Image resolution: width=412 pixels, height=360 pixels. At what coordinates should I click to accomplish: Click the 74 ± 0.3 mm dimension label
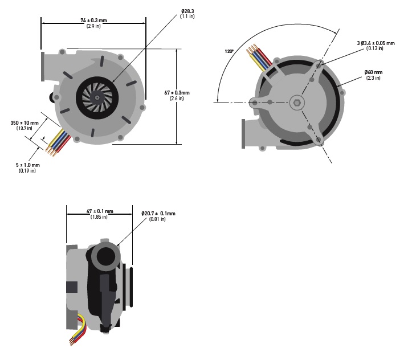pos(94,21)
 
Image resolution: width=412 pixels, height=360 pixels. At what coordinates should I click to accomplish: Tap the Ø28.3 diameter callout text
pos(187,10)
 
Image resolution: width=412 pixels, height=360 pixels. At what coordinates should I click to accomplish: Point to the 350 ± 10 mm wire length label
pos(25,122)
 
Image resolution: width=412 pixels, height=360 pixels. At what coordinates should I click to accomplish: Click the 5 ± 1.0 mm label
pos(27,165)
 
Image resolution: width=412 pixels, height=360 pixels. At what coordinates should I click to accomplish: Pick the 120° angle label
pos(229,51)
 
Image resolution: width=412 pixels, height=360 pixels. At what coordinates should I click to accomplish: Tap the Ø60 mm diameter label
pos(374,72)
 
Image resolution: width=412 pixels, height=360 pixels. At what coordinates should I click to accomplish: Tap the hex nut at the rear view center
pos(296,102)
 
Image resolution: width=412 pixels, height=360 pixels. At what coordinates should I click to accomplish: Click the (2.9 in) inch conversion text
pos(94,27)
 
